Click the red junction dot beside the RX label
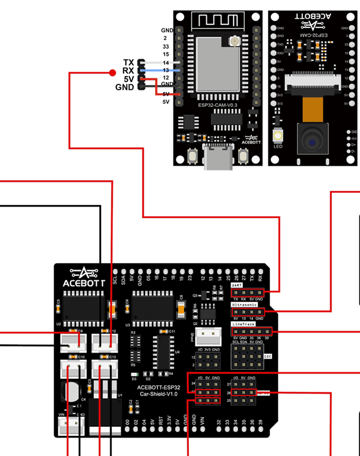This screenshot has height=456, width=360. click(x=112, y=73)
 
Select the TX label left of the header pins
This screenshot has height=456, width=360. click(x=128, y=62)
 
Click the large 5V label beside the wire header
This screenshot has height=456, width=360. click(x=128, y=79)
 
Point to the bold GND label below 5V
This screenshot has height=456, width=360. click(x=125, y=87)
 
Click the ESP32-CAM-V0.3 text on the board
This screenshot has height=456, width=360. click(x=216, y=104)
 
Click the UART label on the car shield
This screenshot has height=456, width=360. click(x=236, y=285)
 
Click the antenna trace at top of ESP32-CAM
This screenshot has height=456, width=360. click(x=216, y=23)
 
